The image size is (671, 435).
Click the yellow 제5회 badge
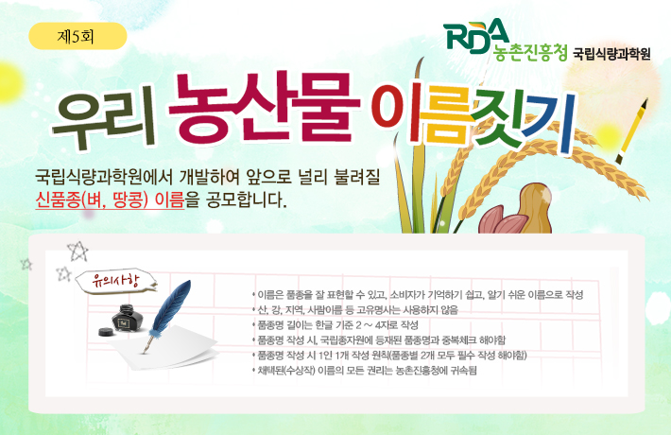coord(79,39)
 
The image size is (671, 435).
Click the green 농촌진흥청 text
coord(531,53)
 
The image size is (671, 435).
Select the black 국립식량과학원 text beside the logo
coord(611,53)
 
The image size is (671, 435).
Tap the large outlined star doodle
coord(78,252)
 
